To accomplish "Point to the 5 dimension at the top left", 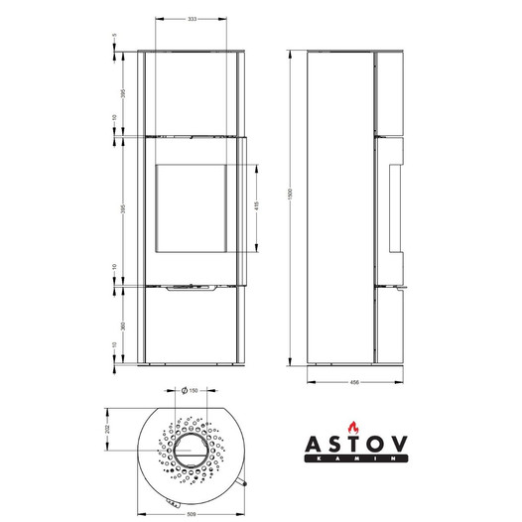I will tap(115, 36).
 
